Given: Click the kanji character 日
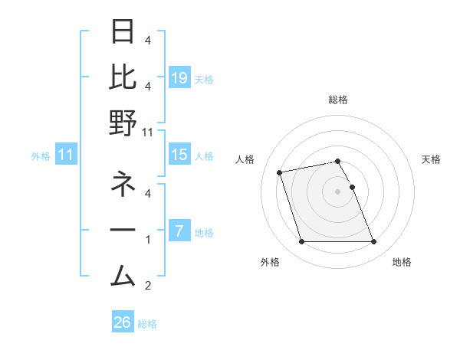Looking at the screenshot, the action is [123, 32].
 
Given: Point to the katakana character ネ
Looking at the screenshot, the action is [123, 185].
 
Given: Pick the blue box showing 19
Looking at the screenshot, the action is [179, 77].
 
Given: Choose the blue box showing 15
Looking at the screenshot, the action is [179, 155].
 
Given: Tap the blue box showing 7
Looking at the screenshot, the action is [179, 231].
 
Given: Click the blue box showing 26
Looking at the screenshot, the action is [123, 323].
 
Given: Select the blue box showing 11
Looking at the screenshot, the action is [66, 155].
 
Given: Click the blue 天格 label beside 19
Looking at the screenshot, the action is [205, 79].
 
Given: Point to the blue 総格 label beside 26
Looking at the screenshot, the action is [148, 324].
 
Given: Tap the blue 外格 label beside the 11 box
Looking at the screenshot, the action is [41, 156].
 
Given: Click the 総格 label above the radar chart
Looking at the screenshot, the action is [338, 100].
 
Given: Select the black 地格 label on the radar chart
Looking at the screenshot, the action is [402, 263].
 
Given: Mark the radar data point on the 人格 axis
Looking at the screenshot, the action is [280, 172].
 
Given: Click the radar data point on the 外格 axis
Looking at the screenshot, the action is [302, 242].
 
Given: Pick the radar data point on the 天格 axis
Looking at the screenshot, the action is [353, 187].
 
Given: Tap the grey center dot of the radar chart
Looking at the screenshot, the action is [338, 191].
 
